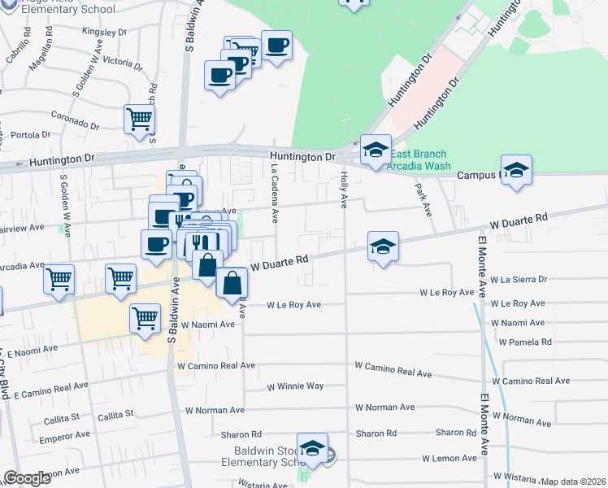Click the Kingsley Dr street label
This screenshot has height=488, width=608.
click(x=105, y=32)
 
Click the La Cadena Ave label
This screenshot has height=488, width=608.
click(x=276, y=191)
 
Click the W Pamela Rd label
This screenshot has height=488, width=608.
click(x=526, y=342)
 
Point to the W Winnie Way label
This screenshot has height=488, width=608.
click(x=294, y=386)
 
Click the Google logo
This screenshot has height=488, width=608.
click(x=28, y=478)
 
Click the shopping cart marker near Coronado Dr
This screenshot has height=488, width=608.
click(x=140, y=119)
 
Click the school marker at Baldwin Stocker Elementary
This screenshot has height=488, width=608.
click(x=313, y=447)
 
